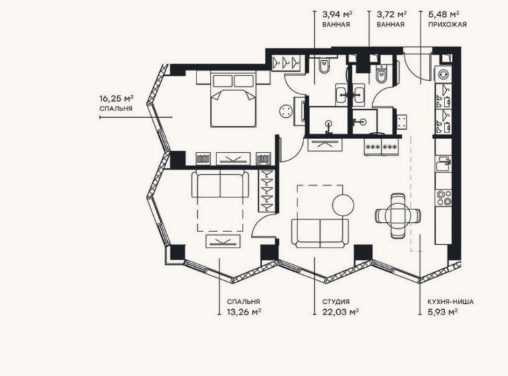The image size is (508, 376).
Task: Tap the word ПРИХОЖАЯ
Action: tap(447, 24)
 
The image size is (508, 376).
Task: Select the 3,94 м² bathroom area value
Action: tap(337, 15)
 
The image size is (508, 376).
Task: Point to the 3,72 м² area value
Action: tap(392, 15)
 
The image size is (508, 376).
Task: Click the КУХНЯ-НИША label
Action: tap(451, 302)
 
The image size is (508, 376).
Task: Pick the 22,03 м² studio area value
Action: tap(340, 312)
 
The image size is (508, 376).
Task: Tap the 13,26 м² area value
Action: tap(244, 312)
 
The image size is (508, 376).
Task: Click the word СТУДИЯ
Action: tap(336, 302)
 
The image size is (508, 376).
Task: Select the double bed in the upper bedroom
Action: tap(233, 99)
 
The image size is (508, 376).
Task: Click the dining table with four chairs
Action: tap(398, 215)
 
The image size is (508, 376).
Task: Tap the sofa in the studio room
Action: tap(320, 233)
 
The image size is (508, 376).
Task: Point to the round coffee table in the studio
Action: tap(343, 204)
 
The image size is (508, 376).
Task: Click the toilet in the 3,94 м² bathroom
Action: tap(324, 67)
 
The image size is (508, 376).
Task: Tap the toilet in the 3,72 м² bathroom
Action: tap(381, 75)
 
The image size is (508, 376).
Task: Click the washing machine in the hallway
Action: tap(443, 75)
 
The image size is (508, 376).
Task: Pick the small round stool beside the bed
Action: tap(286, 111)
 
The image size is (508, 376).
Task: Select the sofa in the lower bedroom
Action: tap(221, 184)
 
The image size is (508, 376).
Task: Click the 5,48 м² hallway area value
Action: tap(444, 15)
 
